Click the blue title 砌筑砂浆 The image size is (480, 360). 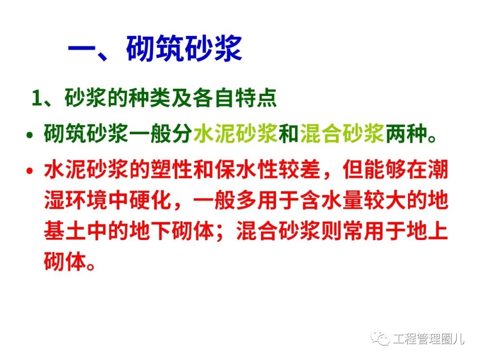coord(184,48)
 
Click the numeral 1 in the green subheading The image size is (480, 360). coord(37,98)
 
